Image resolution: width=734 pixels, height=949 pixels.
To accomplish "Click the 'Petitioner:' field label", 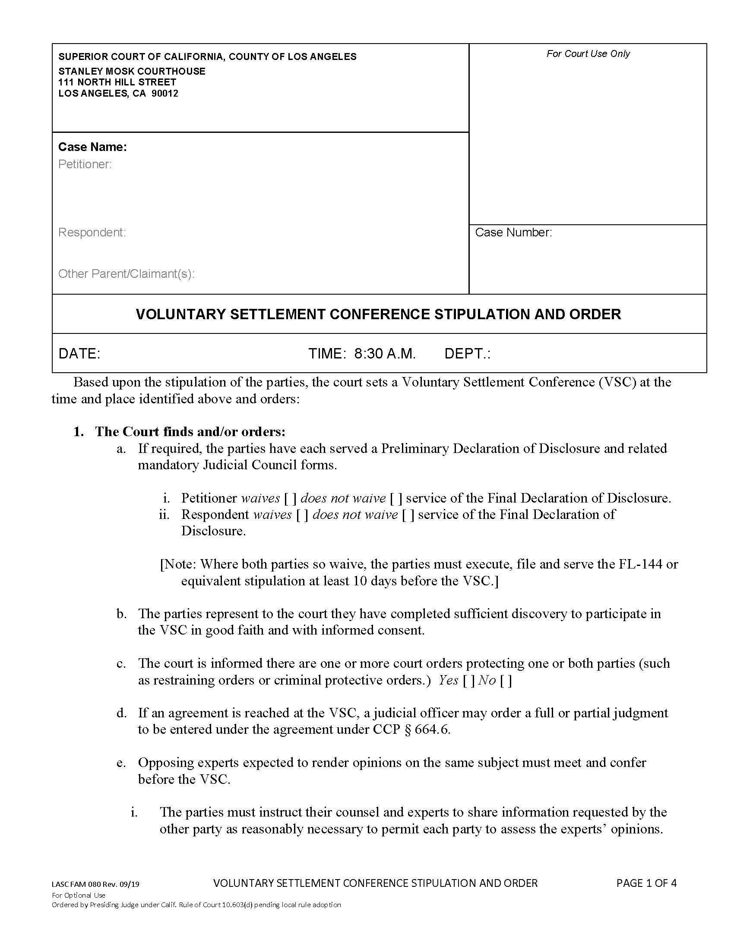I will pyautogui.click(x=85, y=164).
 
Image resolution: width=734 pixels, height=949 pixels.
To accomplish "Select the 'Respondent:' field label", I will pyautogui.click(x=92, y=233).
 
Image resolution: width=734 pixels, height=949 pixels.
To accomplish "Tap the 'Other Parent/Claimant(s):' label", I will pyautogui.click(x=126, y=274).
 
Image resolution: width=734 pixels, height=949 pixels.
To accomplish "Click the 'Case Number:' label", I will pyautogui.click(x=513, y=233).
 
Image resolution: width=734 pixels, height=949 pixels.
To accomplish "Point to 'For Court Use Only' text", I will pyautogui.click(x=588, y=54).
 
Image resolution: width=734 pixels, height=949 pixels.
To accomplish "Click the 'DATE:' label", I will pyautogui.click(x=79, y=354).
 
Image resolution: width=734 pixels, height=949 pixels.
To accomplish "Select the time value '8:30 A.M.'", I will pyautogui.click(x=385, y=354).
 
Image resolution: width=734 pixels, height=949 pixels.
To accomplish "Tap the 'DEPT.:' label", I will pyautogui.click(x=467, y=354).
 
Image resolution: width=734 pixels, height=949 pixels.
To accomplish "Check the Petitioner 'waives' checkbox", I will pyautogui.click(x=291, y=498).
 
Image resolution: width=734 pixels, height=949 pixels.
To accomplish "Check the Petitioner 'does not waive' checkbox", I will pyautogui.click(x=396, y=498).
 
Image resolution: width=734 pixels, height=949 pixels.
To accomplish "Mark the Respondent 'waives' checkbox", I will pyautogui.click(x=302, y=515).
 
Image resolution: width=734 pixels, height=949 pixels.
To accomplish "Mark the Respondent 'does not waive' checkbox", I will pyautogui.click(x=408, y=515).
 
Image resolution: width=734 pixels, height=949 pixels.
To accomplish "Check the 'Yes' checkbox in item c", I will pyautogui.click(x=469, y=680).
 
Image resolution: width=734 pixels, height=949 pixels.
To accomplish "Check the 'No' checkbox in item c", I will pyautogui.click(x=506, y=680).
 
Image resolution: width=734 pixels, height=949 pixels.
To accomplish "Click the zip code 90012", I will pyautogui.click(x=165, y=94).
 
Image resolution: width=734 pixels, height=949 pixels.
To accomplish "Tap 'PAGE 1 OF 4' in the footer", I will pyautogui.click(x=646, y=883).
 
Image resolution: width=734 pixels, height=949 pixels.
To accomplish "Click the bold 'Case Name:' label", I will pyautogui.click(x=92, y=147).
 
